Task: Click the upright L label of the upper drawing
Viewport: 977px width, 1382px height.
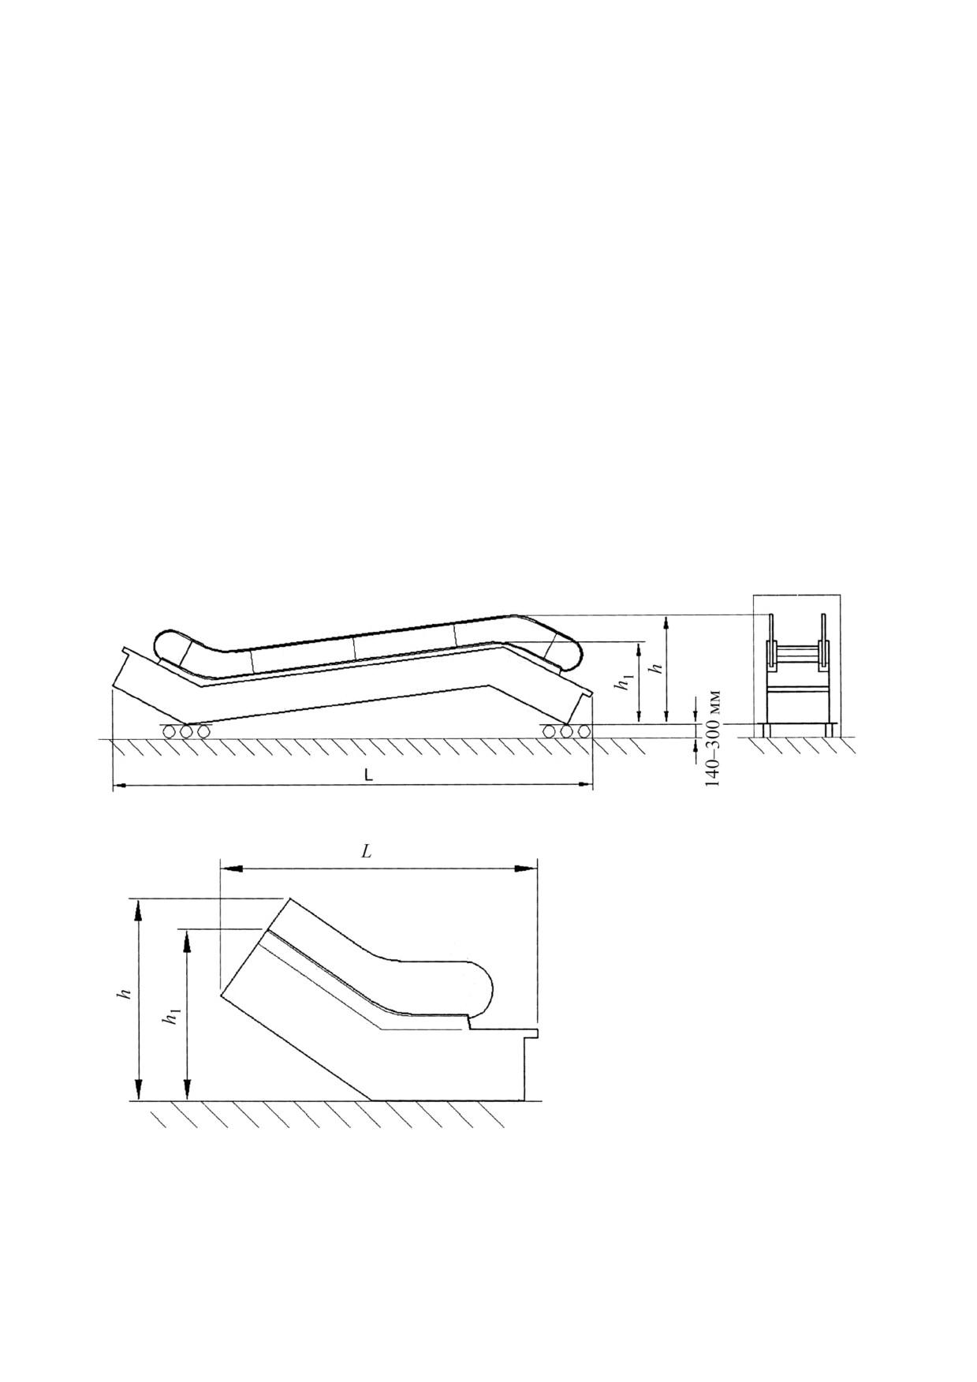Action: (x=367, y=775)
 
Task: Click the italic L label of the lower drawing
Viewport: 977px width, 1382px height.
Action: (x=367, y=851)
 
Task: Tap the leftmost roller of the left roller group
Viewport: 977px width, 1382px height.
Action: (x=170, y=731)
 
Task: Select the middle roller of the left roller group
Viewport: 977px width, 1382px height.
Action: (x=187, y=731)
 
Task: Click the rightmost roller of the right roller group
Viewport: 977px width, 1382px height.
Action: (x=584, y=731)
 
